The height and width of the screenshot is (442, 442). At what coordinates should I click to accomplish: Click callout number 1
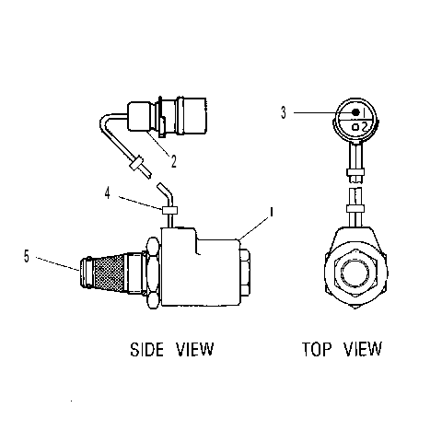tap(271, 212)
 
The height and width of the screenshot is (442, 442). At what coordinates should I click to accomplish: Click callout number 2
tap(174, 161)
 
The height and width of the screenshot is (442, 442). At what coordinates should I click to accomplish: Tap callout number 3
tap(284, 112)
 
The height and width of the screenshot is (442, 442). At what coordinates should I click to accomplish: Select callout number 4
tap(107, 193)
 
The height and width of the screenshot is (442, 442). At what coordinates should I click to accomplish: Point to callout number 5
tap(27, 256)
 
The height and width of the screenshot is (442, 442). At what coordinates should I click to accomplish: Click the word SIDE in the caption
tap(146, 349)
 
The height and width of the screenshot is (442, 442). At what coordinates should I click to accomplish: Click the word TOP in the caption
tap(317, 349)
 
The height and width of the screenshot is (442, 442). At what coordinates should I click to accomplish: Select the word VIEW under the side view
tap(194, 349)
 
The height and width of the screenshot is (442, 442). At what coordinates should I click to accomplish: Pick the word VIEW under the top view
tap(363, 349)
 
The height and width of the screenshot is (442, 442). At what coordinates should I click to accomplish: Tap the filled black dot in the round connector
tap(355, 112)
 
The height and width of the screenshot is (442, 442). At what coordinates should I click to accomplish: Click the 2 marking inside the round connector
tap(365, 127)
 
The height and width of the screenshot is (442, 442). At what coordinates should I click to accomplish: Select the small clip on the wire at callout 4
tap(169, 210)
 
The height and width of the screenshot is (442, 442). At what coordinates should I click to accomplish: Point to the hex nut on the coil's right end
tap(245, 273)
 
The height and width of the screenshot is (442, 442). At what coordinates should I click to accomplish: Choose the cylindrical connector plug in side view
tap(168, 117)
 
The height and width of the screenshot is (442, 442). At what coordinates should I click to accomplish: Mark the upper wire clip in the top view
tap(355, 172)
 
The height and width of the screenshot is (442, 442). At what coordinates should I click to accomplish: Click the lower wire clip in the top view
tap(355, 209)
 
